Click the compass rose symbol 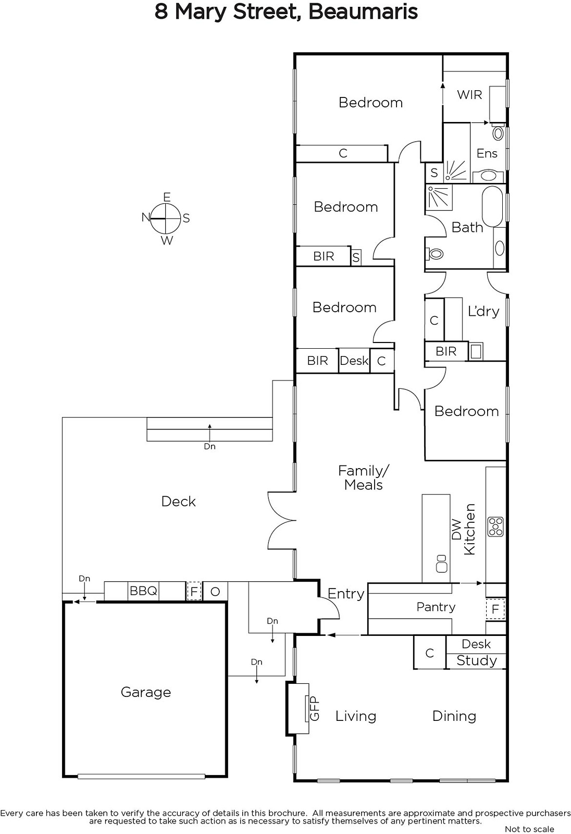[166, 218]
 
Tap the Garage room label [146, 692]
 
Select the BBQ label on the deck [143, 591]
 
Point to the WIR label [469, 95]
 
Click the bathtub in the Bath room [492, 206]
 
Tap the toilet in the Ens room [498, 132]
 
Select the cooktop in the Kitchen [496, 527]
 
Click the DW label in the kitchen [456, 530]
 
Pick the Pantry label [436, 607]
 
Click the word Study [477, 660]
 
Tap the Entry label [346, 594]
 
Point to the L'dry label [483, 311]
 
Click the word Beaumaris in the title [363, 12]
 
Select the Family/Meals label [363, 478]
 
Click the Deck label [178, 501]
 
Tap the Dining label [454, 716]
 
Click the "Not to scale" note [529, 829]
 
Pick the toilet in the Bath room [434, 254]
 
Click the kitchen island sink [441, 563]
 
